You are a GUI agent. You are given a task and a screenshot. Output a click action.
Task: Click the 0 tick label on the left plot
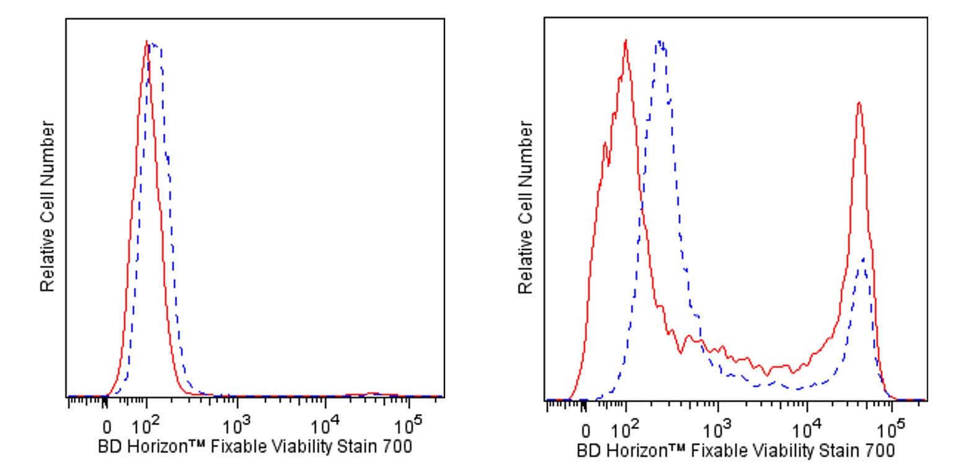pyautogui.click(x=107, y=428)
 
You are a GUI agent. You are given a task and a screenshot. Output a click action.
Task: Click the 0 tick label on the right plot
pyautogui.click(x=586, y=431)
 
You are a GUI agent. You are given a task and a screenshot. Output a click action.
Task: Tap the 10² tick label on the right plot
pyautogui.click(x=624, y=429)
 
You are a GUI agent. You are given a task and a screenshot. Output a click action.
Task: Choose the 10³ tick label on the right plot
pyautogui.click(x=716, y=429)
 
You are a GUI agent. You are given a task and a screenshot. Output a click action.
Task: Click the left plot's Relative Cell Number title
pyautogui.click(x=48, y=207)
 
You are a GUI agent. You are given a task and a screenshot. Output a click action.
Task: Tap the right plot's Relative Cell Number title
pyautogui.click(x=526, y=208)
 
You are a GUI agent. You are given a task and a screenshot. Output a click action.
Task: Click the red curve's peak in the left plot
pyautogui.click(x=146, y=42)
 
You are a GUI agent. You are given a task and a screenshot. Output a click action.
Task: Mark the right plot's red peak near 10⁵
pyautogui.click(x=859, y=102)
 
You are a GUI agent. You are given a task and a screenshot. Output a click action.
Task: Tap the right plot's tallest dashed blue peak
pyautogui.click(x=661, y=42)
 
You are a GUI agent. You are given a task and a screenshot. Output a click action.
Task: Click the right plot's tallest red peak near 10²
pyautogui.click(x=626, y=40)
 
